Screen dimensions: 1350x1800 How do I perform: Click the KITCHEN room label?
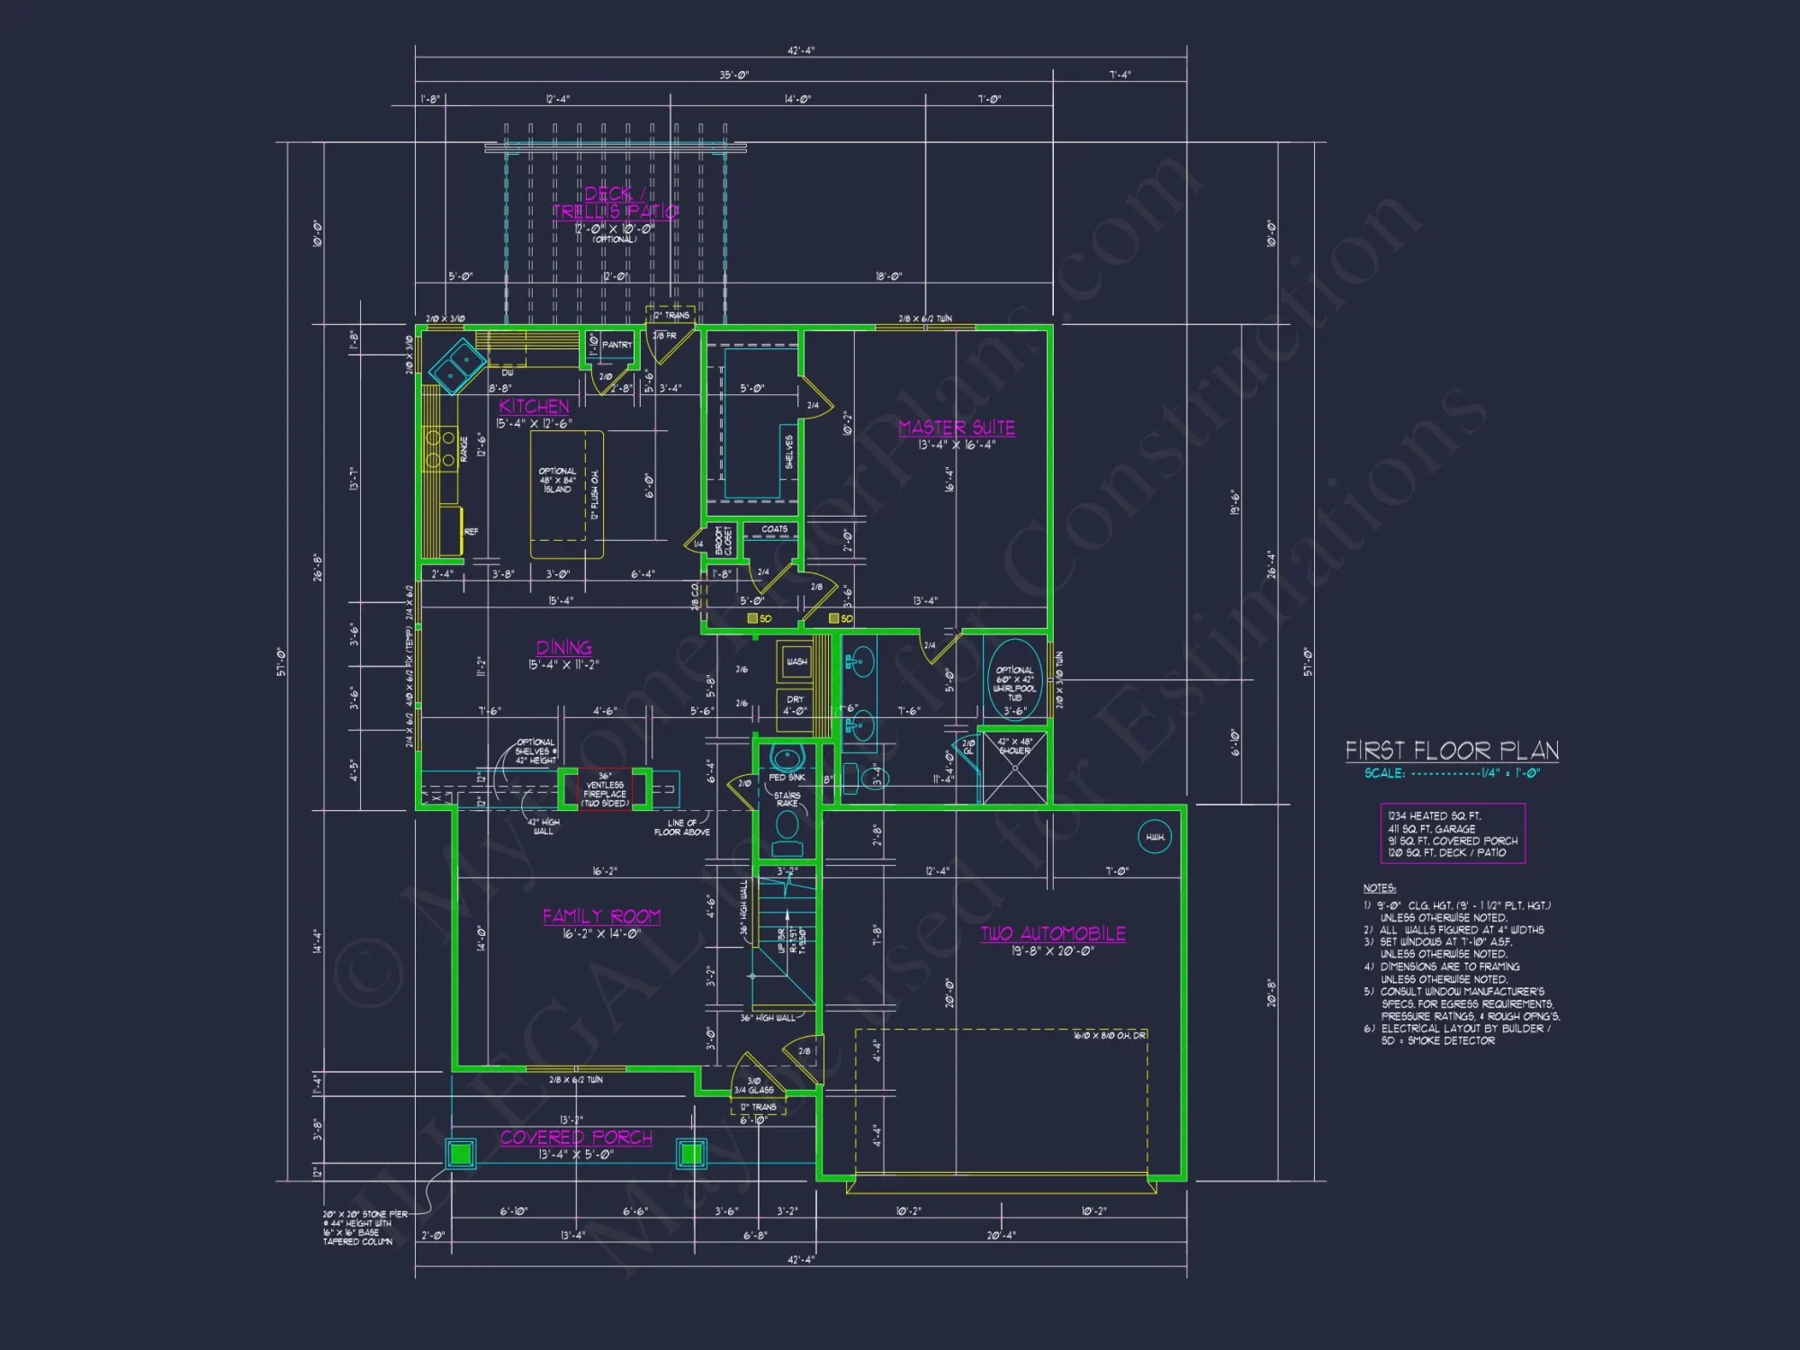point(534,406)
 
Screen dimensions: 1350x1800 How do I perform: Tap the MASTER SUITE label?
point(956,427)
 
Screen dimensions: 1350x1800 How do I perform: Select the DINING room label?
point(564,647)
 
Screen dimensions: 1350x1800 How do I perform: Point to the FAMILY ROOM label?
point(601,916)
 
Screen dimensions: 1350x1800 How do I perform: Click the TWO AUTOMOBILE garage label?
point(1052,933)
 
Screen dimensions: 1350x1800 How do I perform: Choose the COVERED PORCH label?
point(576,1138)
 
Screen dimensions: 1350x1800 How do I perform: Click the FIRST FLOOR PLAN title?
point(1452,751)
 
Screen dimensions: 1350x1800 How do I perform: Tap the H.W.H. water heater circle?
point(1155,837)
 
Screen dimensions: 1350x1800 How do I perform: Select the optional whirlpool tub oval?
point(1014,680)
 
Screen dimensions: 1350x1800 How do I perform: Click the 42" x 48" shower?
point(1014,768)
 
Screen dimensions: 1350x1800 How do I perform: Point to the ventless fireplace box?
point(605,789)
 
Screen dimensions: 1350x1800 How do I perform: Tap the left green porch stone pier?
point(461,1153)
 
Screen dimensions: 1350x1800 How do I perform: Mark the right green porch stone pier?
point(691,1153)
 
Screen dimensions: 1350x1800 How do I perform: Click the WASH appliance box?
point(796,661)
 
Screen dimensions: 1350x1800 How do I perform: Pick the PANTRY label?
point(617,345)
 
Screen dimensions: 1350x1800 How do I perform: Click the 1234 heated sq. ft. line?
point(1434,815)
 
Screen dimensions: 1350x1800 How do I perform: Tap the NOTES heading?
point(1379,888)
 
